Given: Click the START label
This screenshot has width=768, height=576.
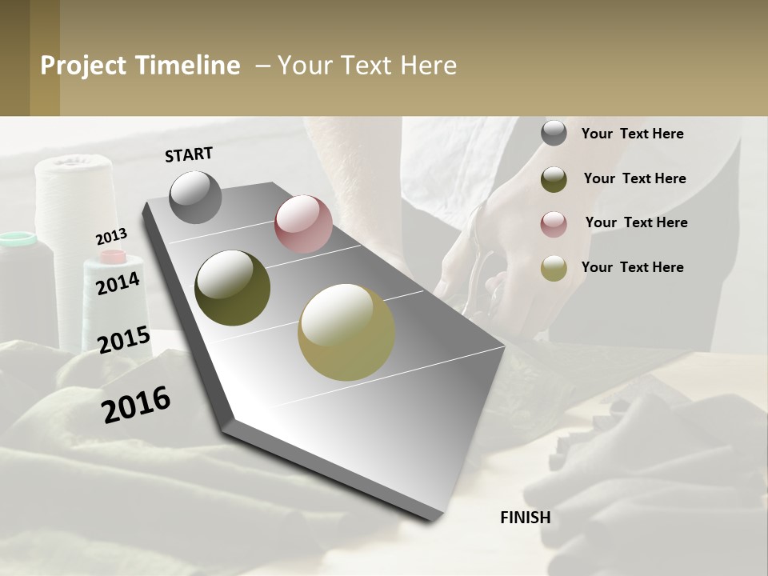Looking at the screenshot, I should point(189,154).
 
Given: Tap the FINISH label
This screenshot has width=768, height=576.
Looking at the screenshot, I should point(526,518).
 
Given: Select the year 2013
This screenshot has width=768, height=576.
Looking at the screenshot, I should point(111,237).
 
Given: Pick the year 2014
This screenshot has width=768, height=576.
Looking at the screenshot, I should point(118,283).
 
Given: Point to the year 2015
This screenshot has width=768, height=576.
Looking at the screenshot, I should point(124,340).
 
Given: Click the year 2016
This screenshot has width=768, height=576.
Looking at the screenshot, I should point(136,404).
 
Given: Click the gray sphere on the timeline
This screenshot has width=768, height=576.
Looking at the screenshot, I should point(196,197).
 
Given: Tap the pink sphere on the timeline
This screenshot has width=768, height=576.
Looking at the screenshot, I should point(303,224).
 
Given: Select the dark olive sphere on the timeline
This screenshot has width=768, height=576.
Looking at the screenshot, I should point(233,288).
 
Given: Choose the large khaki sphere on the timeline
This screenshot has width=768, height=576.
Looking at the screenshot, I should point(346,332).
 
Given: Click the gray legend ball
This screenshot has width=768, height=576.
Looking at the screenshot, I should point(554,134).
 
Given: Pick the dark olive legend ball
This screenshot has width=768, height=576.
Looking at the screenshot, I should point(554,179).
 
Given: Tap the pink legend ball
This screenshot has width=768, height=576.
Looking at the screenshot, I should point(554,224).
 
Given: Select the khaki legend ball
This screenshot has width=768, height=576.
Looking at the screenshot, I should point(554,268).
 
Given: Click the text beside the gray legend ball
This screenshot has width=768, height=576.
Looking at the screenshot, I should point(632,134).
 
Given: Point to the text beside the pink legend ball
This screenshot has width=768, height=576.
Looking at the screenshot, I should point(636,222).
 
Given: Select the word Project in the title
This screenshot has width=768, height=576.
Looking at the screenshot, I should point(84,66).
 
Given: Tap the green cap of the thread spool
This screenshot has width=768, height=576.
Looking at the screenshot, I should point(18,238).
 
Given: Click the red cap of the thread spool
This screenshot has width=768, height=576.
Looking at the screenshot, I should point(113,257).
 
